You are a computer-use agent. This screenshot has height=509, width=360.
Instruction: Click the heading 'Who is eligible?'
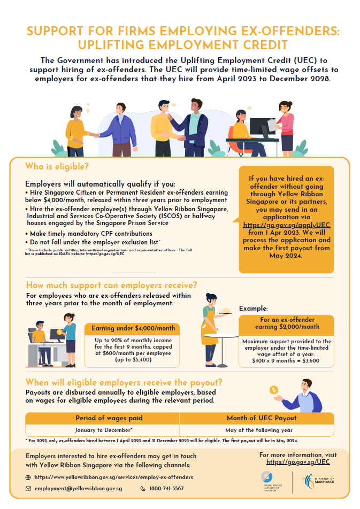(x=57, y=166)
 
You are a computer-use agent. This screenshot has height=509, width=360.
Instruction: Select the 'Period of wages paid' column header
(x=102, y=418)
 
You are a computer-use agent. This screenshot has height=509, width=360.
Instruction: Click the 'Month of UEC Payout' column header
(x=256, y=418)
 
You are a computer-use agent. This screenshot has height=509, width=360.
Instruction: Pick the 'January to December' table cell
(x=102, y=429)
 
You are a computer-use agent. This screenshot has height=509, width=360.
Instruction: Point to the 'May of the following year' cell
(x=256, y=429)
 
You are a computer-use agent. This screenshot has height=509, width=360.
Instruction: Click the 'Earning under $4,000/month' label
(x=133, y=328)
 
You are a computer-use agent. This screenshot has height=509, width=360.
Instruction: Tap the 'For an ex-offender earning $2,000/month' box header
(x=286, y=323)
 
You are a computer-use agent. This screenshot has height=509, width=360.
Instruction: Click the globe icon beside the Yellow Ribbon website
(x=28, y=477)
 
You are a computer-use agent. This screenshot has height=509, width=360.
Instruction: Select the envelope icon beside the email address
(x=28, y=489)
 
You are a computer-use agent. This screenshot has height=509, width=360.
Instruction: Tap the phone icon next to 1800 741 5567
(x=143, y=489)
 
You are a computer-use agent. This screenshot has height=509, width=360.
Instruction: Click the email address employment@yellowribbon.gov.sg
(x=78, y=489)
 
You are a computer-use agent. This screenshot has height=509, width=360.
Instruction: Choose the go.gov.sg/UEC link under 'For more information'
(x=297, y=461)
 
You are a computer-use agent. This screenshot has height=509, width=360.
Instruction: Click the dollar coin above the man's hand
(x=274, y=390)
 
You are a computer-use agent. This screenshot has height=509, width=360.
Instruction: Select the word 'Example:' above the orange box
(x=253, y=309)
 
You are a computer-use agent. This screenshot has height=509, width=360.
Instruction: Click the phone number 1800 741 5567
(x=167, y=489)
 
